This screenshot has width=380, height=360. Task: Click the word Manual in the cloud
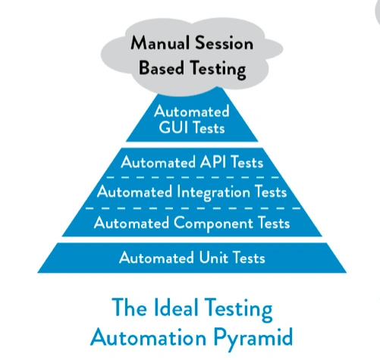160,42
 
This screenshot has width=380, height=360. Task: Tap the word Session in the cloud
225,42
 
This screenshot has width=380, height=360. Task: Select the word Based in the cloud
162,67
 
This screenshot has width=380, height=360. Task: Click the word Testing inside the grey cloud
218,69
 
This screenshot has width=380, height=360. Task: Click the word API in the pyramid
212,162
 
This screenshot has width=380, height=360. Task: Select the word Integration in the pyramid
214,193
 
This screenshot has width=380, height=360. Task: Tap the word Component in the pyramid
213,224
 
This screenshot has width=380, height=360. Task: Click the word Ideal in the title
176,308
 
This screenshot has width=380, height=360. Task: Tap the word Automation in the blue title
149,337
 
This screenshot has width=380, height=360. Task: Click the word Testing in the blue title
238,309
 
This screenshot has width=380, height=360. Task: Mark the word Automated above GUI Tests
192,111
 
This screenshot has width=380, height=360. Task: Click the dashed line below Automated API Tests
193,177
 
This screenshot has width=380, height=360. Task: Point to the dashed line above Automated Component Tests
193,208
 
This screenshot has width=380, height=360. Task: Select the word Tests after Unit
249,258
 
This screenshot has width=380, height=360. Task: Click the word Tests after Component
274,224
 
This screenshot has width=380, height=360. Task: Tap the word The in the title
130,308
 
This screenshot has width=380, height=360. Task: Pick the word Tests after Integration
271,192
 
